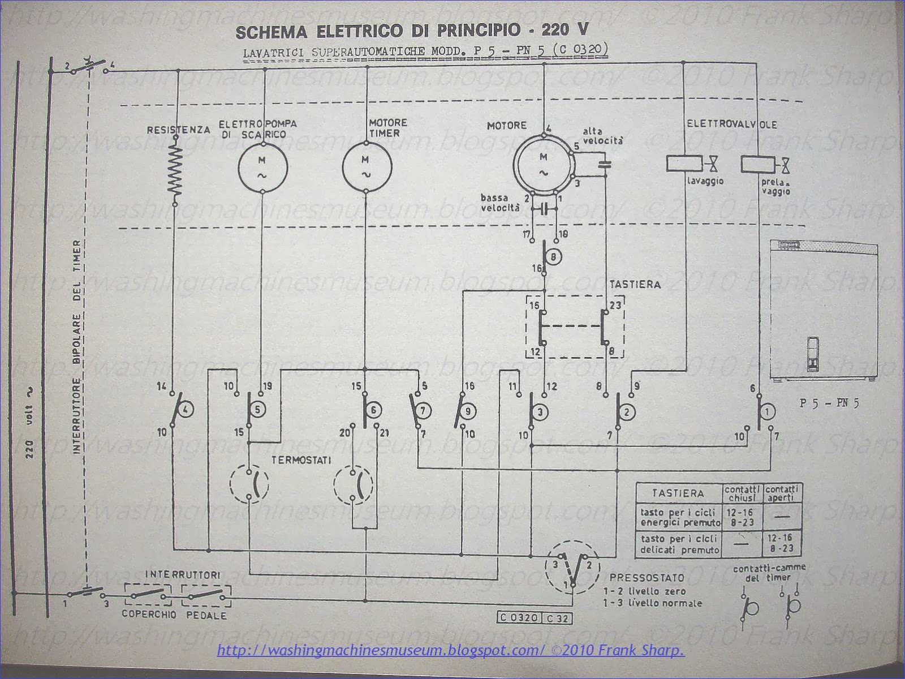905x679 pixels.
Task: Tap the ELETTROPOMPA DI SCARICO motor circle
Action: coord(262,167)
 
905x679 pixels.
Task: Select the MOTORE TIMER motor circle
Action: coord(367,167)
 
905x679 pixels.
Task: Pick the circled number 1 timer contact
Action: coord(768,412)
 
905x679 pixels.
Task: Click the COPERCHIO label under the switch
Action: coord(149,614)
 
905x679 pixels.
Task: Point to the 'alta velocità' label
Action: coord(603,136)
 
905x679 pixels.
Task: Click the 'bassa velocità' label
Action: coord(500,203)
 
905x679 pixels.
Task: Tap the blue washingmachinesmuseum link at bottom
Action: coord(451,651)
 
